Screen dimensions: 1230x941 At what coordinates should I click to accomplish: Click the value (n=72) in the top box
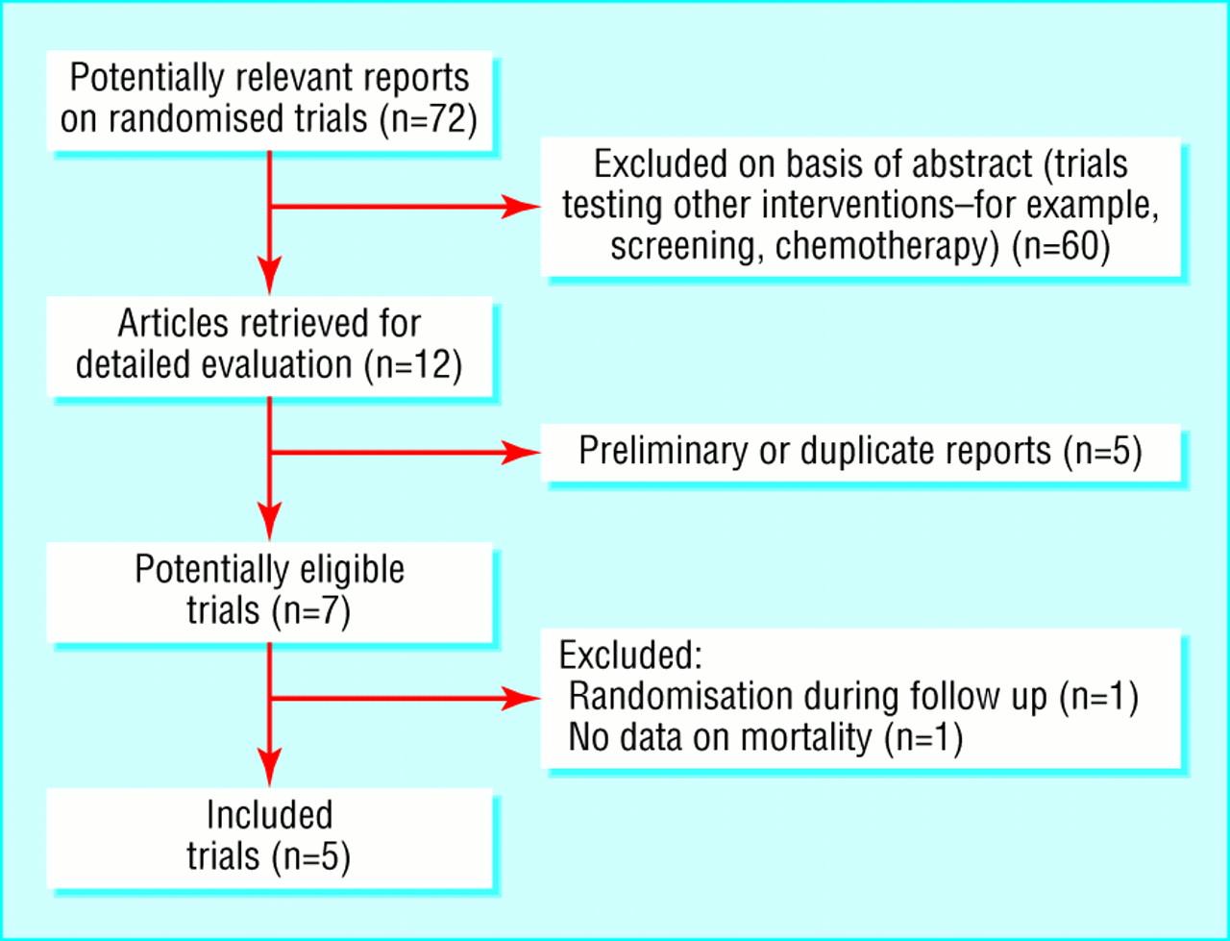click(x=429, y=119)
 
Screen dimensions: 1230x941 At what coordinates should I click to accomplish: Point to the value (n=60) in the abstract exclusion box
click(x=1061, y=247)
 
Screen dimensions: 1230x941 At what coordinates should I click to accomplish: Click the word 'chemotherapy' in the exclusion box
click(x=887, y=247)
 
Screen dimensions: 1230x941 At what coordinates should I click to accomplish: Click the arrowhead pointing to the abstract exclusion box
click(x=521, y=207)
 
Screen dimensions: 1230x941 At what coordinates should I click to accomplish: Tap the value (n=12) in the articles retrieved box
click(x=413, y=365)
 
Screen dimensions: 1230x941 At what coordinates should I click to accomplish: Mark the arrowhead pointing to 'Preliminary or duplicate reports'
click(x=521, y=453)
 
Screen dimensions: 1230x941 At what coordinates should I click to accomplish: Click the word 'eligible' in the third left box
click(x=353, y=570)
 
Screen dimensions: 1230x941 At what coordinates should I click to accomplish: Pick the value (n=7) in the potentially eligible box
click(x=311, y=611)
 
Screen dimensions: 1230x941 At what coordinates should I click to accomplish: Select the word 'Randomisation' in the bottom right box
click(x=679, y=696)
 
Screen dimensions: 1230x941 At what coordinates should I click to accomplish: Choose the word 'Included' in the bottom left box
click(x=269, y=815)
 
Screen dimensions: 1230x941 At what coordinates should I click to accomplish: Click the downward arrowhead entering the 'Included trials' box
click(x=269, y=767)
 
